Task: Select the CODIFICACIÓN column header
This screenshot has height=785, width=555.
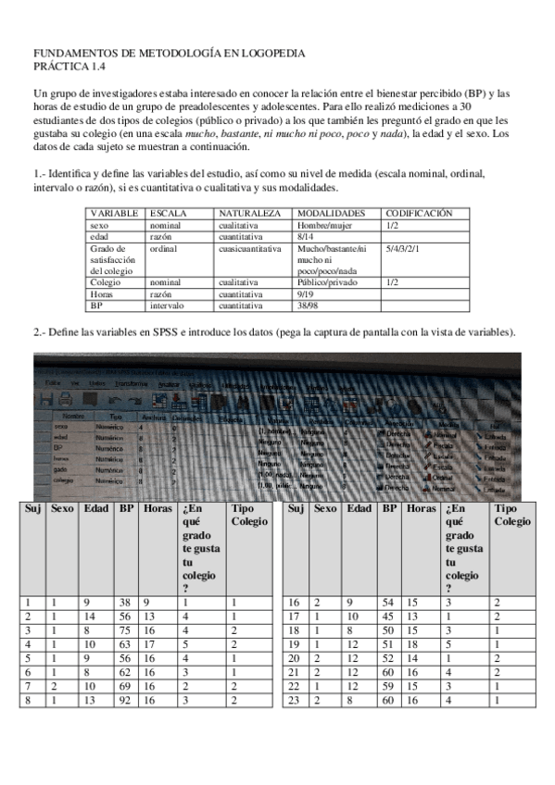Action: click(419, 213)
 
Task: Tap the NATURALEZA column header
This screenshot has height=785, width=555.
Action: click(249, 213)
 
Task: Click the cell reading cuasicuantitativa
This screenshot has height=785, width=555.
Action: click(248, 248)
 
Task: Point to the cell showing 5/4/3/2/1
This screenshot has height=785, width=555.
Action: click(404, 248)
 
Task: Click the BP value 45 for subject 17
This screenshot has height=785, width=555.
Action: click(389, 616)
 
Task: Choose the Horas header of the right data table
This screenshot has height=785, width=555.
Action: click(421, 508)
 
